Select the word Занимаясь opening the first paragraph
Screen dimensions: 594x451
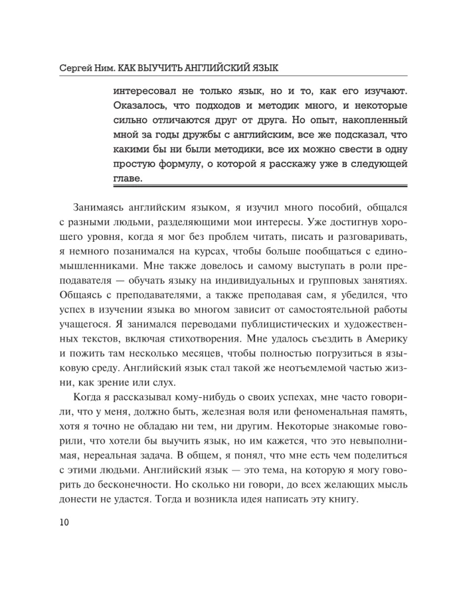[x=100, y=208]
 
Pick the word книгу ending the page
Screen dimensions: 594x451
[x=338, y=501]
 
